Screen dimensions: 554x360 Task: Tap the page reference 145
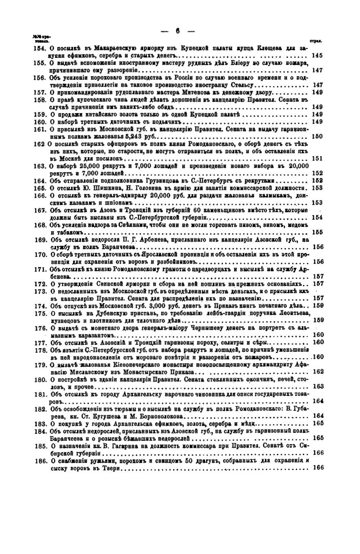tap(317, 55)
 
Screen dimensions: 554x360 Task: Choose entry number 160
tap(39, 122)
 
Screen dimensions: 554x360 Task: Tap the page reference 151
tap(317, 158)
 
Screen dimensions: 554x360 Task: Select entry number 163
tap(39, 165)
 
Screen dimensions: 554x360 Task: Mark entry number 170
tap(39, 254)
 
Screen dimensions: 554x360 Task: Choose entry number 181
tap(39, 394)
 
